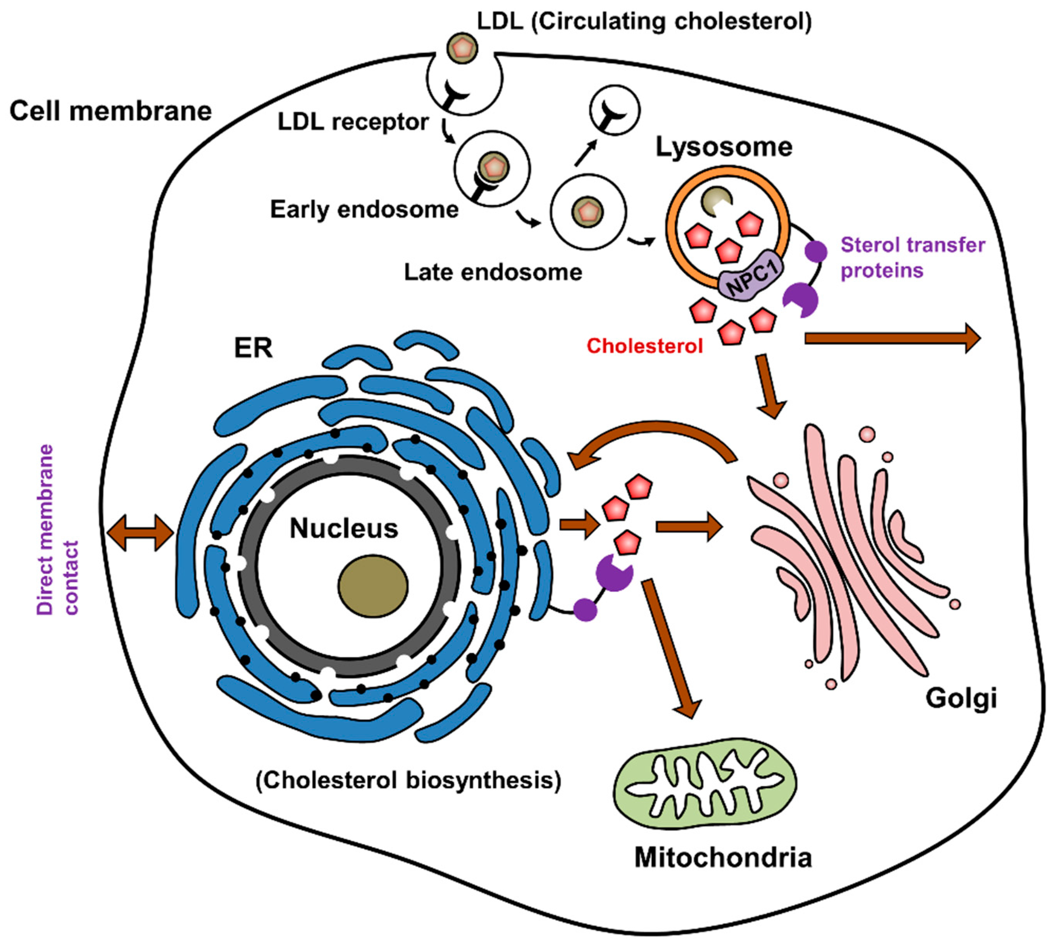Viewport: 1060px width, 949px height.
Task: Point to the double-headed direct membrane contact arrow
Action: pyautogui.click(x=140, y=532)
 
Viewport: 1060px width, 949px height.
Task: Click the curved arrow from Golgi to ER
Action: pyautogui.click(x=652, y=438)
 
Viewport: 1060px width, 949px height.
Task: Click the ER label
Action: pyautogui.click(x=253, y=348)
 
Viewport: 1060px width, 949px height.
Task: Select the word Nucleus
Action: pyautogui.click(x=344, y=528)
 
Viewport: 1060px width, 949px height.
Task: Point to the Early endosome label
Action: pyautogui.click(x=364, y=210)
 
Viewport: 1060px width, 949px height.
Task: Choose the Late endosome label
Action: pyautogui.click(x=493, y=272)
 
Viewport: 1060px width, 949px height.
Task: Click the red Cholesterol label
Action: pyautogui.click(x=645, y=346)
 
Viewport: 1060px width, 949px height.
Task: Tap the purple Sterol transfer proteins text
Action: pyautogui.click(x=912, y=257)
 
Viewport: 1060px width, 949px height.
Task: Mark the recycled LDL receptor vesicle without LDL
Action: pyautogui.click(x=614, y=110)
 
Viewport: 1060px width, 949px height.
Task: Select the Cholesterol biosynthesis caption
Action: pyautogui.click(x=408, y=781)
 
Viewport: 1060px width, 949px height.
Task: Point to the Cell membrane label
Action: pyautogui.click(x=110, y=111)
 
